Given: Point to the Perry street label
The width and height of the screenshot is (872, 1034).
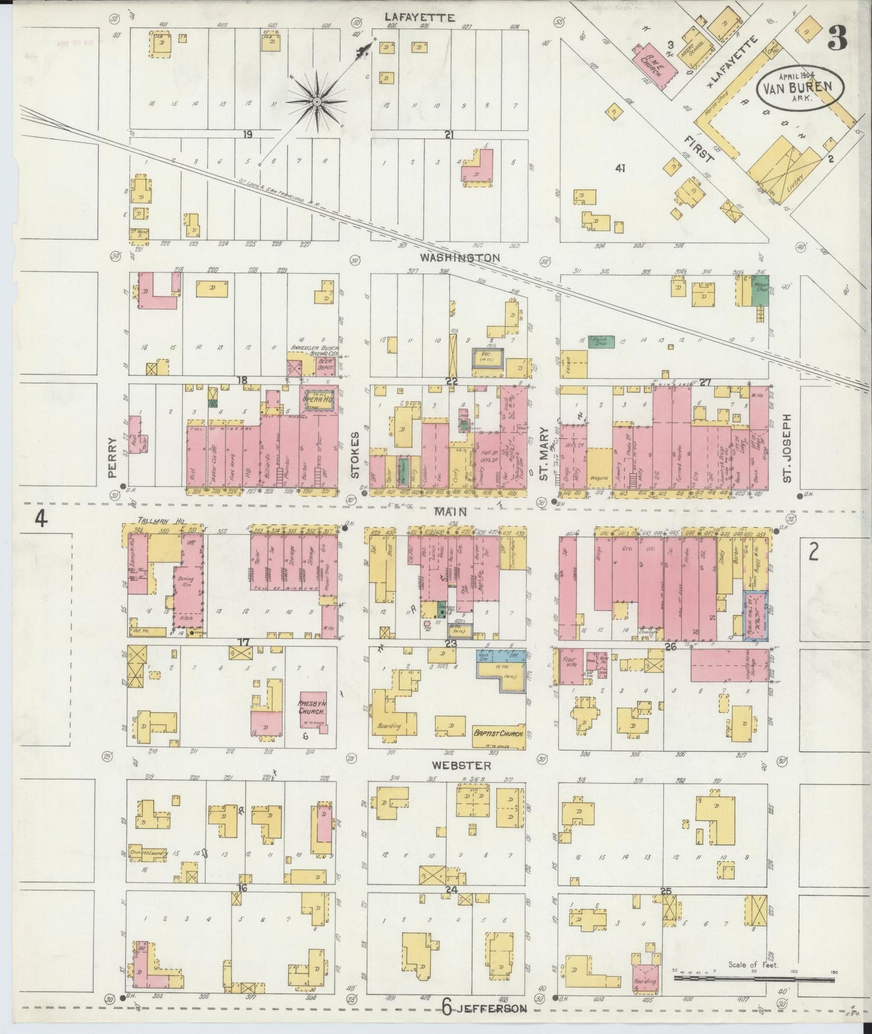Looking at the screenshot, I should [x=112, y=465].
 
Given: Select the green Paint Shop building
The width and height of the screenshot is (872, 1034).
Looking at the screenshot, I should [x=600, y=341].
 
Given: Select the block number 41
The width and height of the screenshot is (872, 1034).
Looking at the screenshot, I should [x=619, y=168].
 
